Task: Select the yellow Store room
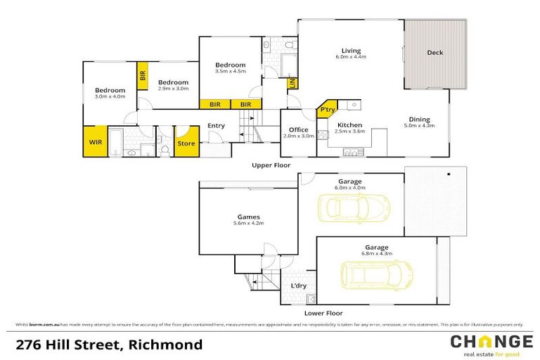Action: pyautogui.click(x=186, y=142)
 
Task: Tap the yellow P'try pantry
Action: pyautogui.click(x=328, y=110)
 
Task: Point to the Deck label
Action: pyautogui.click(x=435, y=53)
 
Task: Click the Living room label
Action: pyautogui.click(x=351, y=51)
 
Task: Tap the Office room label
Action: pyautogui.click(x=299, y=129)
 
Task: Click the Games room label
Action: pyautogui.click(x=248, y=217)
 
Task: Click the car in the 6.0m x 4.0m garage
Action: pyautogui.click(x=353, y=207)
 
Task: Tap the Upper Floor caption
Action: pyautogui.click(x=271, y=165)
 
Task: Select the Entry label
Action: pyautogui.click(x=216, y=127)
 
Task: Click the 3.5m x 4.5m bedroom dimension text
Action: pyautogui.click(x=230, y=71)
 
